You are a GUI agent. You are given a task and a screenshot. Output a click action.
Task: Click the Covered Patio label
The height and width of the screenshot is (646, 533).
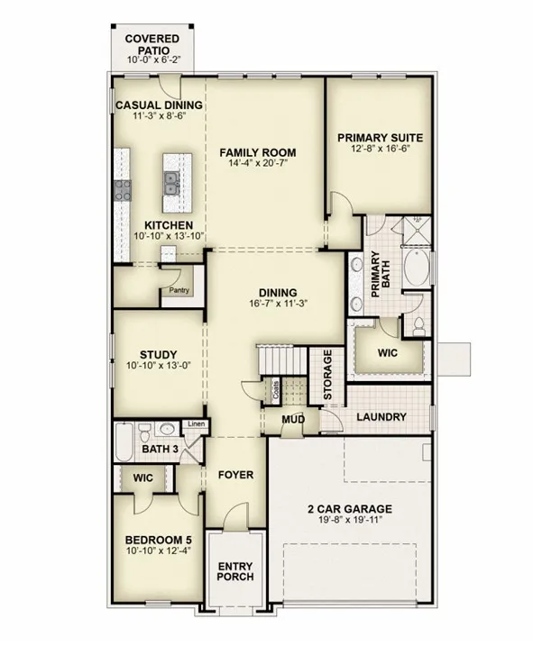(152, 44)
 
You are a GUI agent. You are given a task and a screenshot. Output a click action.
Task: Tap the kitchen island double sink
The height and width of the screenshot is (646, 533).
(170, 183)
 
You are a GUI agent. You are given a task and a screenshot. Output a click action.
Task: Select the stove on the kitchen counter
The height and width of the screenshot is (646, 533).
(123, 190)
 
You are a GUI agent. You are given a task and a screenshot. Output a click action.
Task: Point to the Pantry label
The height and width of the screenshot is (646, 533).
(179, 290)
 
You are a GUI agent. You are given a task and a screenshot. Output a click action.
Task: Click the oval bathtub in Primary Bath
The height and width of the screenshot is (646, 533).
(416, 267)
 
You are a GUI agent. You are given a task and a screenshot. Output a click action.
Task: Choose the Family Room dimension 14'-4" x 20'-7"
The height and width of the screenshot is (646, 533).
(258, 163)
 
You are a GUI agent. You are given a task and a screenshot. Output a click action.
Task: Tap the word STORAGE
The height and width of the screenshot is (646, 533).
(328, 375)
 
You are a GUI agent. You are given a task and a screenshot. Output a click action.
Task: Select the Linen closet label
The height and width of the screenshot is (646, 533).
(197, 424)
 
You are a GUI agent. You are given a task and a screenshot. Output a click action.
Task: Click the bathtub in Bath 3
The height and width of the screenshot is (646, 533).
(124, 441)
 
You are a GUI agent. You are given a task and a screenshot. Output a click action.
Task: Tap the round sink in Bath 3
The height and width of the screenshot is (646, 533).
(167, 429)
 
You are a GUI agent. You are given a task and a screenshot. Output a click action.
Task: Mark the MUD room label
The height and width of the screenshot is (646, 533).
(293, 420)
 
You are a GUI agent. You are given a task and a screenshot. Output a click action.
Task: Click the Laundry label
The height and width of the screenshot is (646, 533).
(381, 417)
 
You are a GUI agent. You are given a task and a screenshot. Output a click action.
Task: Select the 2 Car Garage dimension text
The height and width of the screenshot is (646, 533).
(350, 520)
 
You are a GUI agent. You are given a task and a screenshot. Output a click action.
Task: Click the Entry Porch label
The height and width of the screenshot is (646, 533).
(235, 571)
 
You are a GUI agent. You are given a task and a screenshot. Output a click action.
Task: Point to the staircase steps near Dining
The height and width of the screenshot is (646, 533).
(282, 359)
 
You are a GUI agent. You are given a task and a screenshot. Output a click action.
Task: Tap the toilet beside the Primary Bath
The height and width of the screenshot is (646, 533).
(418, 326)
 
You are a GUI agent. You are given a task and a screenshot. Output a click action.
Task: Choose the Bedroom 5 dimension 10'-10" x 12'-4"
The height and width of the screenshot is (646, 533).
(159, 550)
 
